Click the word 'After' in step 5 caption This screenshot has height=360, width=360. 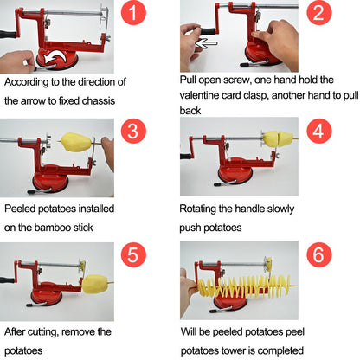tap(20, 331)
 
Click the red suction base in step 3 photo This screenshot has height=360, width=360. tap(45, 183)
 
